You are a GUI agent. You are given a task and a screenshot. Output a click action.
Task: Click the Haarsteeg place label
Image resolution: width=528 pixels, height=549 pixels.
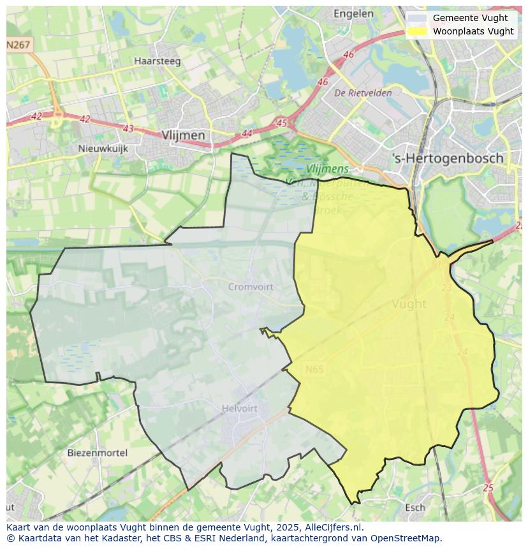point(158,62)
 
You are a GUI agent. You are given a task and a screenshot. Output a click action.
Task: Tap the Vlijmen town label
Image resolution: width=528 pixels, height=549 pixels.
point(184,135)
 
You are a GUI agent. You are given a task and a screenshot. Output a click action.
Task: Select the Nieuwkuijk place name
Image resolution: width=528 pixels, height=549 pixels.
point(103,149)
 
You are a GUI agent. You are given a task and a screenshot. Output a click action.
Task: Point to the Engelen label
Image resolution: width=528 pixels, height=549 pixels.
point(353,13)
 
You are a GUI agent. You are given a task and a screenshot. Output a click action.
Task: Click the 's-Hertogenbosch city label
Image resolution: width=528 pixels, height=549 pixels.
point(448,158)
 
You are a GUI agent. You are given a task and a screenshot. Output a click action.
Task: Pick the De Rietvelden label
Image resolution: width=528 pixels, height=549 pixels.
point(363,93)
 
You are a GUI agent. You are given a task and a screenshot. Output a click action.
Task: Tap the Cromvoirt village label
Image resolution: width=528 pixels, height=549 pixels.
point(251,287)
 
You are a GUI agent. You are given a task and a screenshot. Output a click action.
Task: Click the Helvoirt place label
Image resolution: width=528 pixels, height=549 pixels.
point(240,409)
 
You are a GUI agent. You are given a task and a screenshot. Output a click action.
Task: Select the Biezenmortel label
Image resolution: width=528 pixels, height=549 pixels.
point(97,453)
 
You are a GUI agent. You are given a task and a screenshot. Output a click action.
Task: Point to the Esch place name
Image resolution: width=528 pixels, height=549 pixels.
point(415,508)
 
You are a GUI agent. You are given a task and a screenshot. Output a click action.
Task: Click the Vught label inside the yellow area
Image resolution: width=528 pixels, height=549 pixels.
point(409,304)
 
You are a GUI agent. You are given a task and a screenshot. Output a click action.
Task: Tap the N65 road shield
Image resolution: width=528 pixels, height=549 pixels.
point(314,369)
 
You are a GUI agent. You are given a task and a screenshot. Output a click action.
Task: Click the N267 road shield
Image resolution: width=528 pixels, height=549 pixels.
point(18,45)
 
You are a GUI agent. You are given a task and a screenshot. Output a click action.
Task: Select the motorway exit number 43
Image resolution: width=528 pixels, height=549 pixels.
point(128,128)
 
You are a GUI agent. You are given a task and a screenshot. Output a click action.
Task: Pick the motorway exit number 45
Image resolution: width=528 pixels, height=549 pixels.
point(282,122)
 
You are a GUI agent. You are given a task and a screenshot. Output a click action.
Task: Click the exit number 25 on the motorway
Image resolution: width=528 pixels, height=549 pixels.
point(488,488)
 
